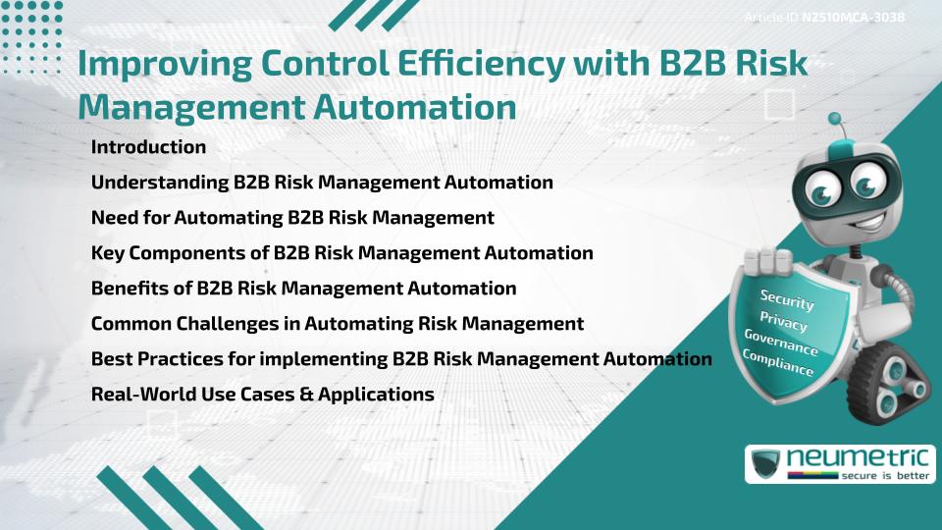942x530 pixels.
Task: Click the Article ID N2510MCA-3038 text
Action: click(x=823, y=18)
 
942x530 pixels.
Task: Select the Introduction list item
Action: click(x=148, y=147)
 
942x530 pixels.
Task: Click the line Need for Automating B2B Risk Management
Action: click(x=291, y=218)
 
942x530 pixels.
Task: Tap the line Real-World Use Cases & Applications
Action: click(x=262, y=395)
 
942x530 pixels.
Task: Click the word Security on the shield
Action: click(x=787, y=299)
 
